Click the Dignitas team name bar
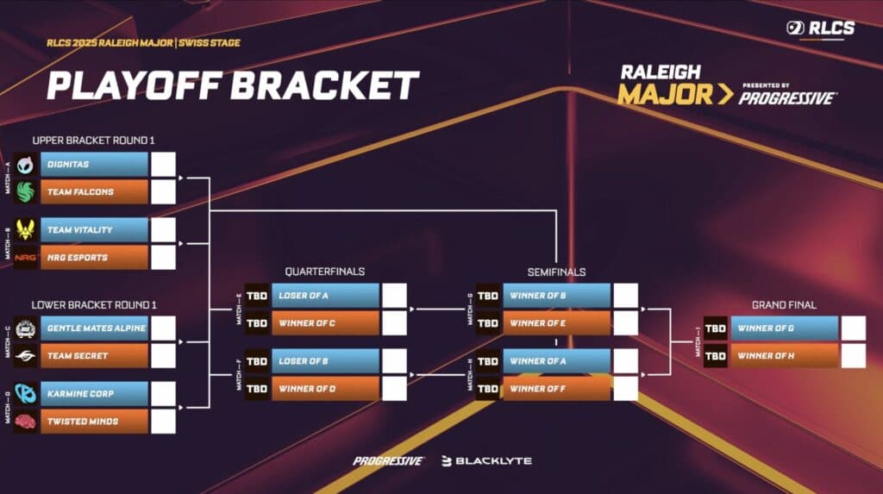94,164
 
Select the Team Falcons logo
26,191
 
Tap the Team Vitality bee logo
26,230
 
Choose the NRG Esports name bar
94,258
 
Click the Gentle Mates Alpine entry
94,328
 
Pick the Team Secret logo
26,356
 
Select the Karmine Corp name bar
94,394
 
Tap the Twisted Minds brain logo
26,422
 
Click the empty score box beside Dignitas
163,164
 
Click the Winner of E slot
557,323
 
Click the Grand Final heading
784,304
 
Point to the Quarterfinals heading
324,272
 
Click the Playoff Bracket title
233,85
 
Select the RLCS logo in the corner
820,28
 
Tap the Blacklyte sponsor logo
486,461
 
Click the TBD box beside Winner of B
488,296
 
